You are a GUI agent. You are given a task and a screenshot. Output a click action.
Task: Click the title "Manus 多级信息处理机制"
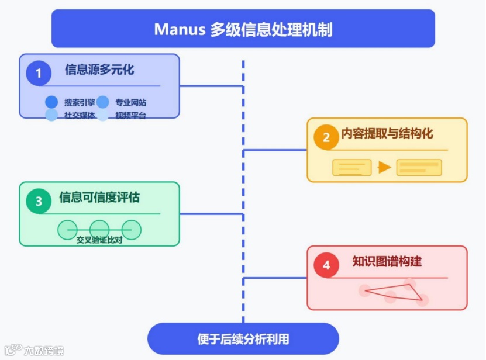click(243, 29)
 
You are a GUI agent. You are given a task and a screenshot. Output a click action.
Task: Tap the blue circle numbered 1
click(39, 73)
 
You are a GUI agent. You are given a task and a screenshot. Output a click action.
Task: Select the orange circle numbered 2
click(326, 137)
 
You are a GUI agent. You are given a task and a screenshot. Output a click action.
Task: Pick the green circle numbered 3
click(39, 202)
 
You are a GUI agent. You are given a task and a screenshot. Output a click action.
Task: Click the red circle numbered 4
click(326, 265)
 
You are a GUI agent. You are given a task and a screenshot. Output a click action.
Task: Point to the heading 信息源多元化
click(99, 70)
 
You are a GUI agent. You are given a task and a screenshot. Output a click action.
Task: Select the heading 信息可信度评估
click(99, 198)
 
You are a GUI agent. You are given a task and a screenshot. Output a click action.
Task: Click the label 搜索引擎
click(80, 102)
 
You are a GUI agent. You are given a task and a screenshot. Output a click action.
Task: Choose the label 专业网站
click(130, 102)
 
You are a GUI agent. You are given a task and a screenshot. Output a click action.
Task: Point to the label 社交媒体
click(80, 115)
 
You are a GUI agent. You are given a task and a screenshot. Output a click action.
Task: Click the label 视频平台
click(130, 115)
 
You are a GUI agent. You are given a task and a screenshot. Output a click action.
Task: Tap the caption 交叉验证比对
click(99, 240)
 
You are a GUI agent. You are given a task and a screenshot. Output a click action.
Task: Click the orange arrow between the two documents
click(384, 168)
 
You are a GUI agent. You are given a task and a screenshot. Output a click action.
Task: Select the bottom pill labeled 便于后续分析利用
click(243, 339)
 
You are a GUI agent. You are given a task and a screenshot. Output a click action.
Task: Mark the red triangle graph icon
click(392, 291)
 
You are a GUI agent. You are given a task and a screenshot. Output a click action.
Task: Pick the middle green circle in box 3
click(99, 229)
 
